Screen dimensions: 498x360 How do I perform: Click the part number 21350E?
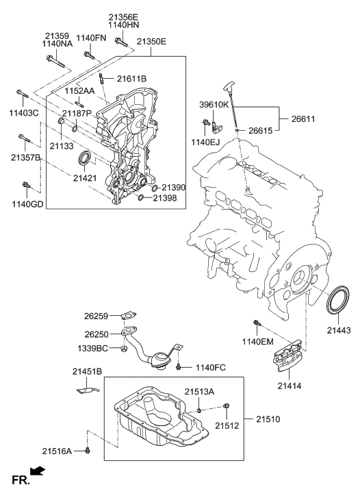(x=151, y=42)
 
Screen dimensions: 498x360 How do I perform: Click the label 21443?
(x=338, y=330)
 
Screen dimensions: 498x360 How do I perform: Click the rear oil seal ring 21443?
(x=337, y=302)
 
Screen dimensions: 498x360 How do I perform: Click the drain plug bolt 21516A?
(x=88, y=449)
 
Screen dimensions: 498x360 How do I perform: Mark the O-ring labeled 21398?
(x=140, y=198)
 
